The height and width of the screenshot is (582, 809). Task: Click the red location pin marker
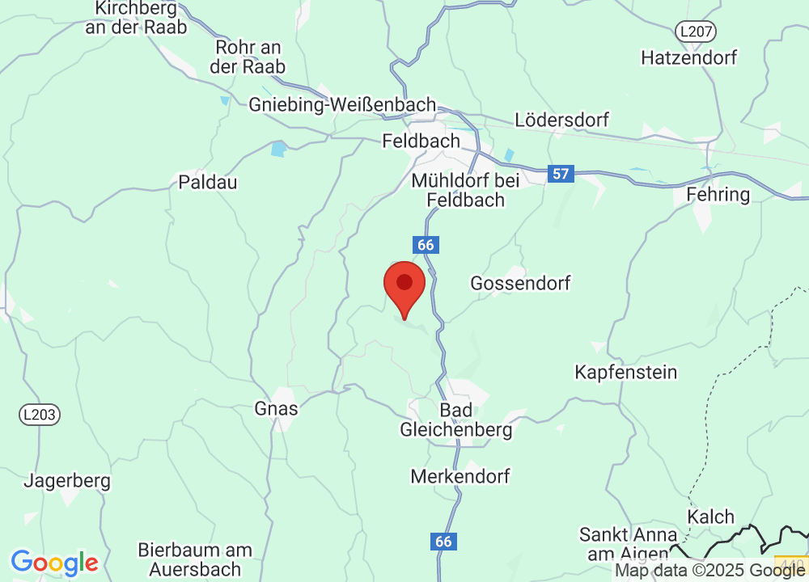(404, 288)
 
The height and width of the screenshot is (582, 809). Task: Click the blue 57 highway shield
(560, 173)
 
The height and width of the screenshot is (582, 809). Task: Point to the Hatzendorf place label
(689, 57)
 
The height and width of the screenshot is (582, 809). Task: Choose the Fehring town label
(718, 195)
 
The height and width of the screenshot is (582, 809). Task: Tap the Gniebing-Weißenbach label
(342, 105)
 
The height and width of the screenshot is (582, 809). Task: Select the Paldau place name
(208, 182)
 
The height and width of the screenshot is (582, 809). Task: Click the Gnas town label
(276, 408)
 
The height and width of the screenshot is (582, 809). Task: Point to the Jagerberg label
(67, 480)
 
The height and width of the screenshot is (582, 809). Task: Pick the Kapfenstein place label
(625, 373)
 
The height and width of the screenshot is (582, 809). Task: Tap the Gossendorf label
(520, 283)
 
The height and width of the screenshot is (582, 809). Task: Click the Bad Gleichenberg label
(456, 420)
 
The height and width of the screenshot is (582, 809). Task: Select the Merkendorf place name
(460, 476)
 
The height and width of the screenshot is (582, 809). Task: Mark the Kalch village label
(711, 517)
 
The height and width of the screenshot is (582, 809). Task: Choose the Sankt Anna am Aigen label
(628, 544)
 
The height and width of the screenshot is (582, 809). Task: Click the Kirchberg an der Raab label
(136, 18)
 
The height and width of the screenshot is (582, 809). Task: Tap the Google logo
(54, 563)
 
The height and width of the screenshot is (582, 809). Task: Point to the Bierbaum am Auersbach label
(194, 559)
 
